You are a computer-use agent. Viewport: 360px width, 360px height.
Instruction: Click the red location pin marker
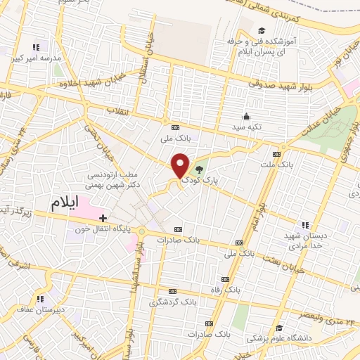pos(181,165)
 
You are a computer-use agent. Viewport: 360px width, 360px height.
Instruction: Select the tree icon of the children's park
pos(199,169)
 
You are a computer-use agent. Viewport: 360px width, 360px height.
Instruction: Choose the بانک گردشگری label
pos(172,302)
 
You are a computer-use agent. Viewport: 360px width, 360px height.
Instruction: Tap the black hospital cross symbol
pos(103,218)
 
